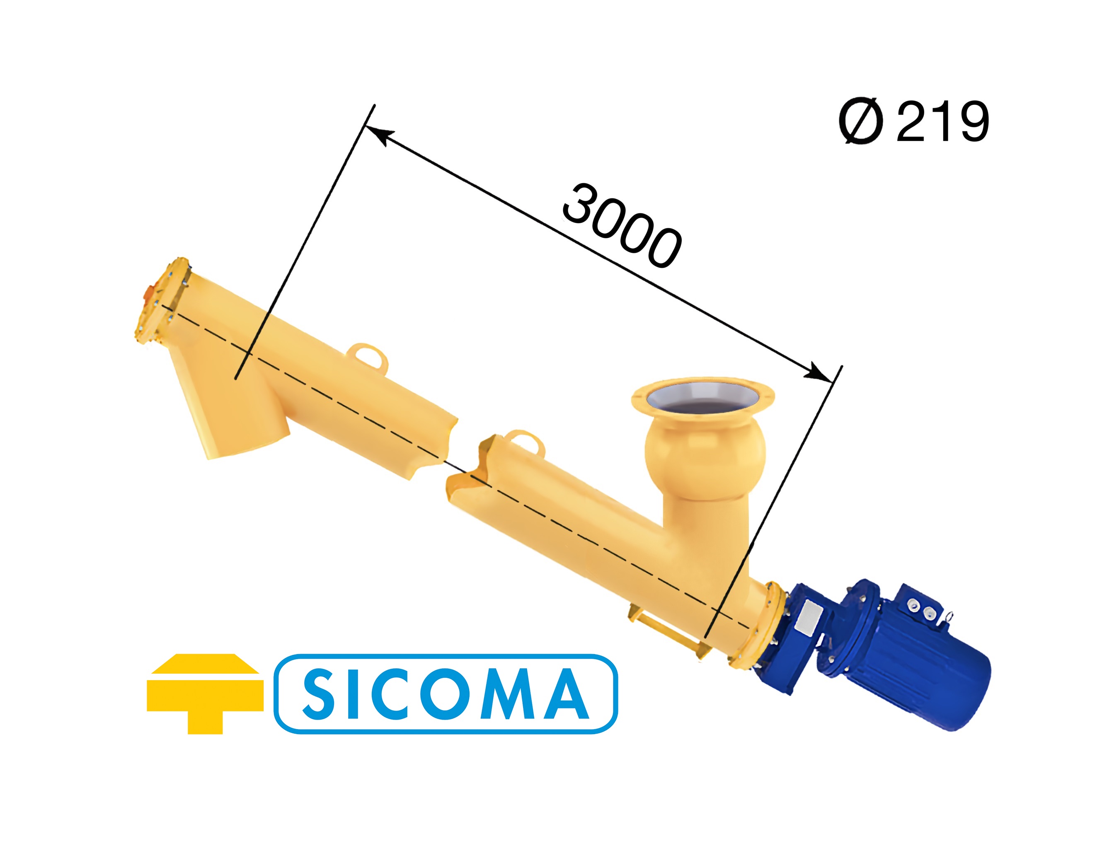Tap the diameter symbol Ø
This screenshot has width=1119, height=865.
pyautogui.click(x=861, y=121)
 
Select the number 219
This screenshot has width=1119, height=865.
pyautogui.click(x=942, y=121)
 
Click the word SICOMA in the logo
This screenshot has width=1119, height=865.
pyautogui.click(x=446, y=694)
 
